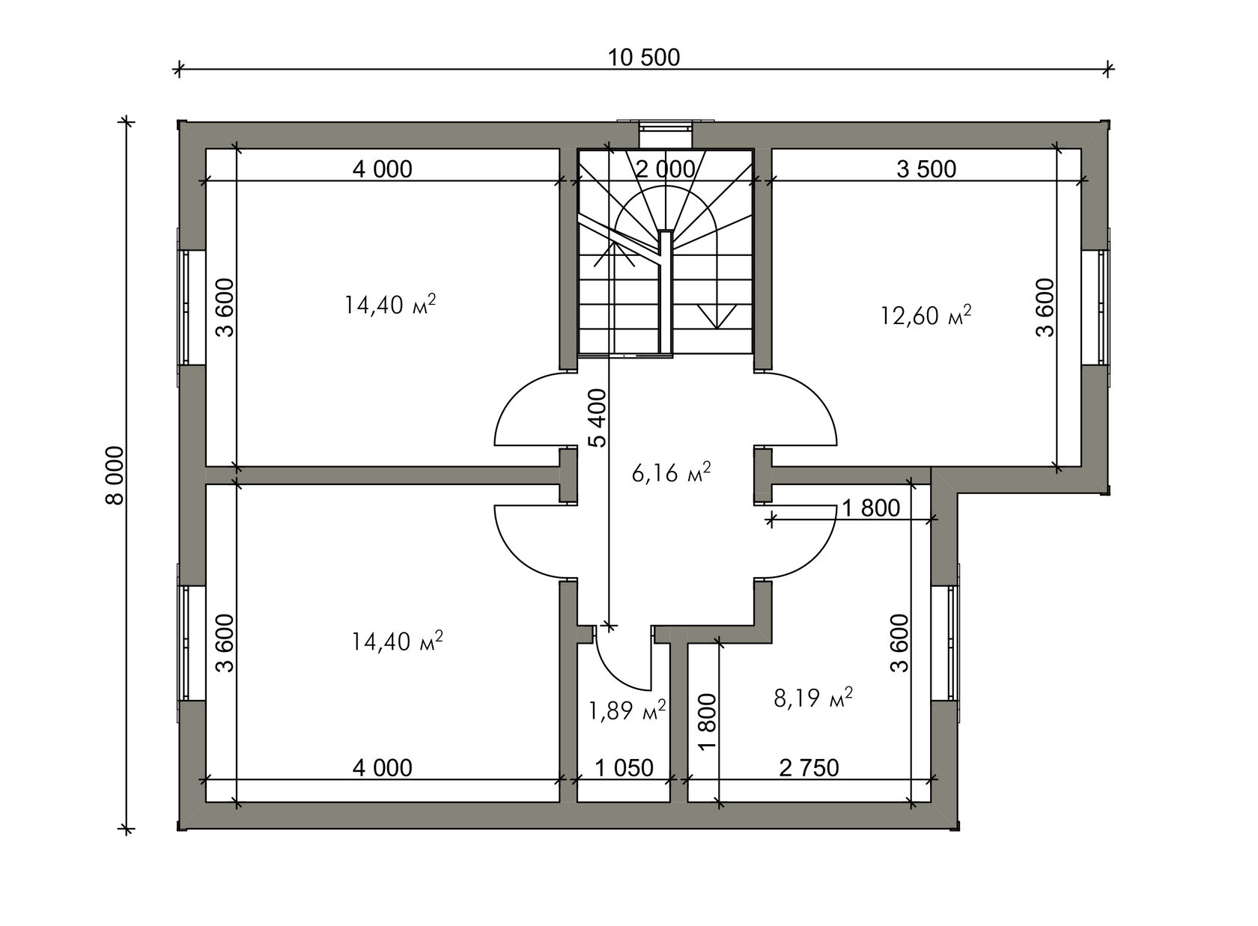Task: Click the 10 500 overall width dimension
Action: (x=644, y=58)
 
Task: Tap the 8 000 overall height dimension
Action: (x=115, y=475)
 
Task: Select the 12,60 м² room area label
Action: (x=926, y=315)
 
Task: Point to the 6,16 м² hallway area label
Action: (x=671, y=472)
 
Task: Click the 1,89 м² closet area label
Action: (x=628, y=710)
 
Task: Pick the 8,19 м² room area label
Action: (x=813, y=698)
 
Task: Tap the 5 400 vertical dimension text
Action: (x=599, y=418)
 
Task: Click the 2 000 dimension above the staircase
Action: (x=666, y=168)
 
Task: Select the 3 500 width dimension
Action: (x=926, y=169)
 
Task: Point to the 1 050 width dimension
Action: (x=624, y=767)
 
